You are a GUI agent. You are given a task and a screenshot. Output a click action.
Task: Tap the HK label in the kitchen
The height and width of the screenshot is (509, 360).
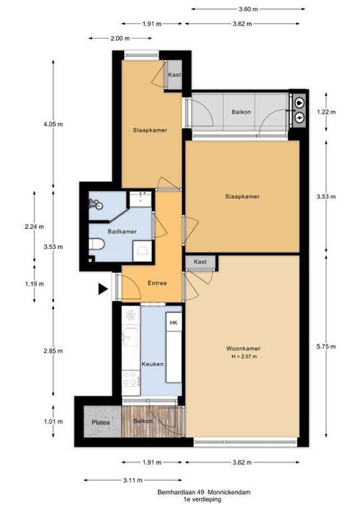pyautogui.click(x=173, y=323)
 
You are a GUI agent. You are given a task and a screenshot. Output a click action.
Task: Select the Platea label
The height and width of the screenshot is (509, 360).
pyautogui.click(x=98, y=421)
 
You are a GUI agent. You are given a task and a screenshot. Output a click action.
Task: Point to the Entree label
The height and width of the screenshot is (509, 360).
pyautogui.click(x=157, y=282)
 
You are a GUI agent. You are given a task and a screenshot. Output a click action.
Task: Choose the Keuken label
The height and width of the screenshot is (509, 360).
pyautogui.click(x=154, y=364)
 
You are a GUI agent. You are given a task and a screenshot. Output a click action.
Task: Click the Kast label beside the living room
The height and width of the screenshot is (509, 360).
pyautogui.click(x=200, y=261)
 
